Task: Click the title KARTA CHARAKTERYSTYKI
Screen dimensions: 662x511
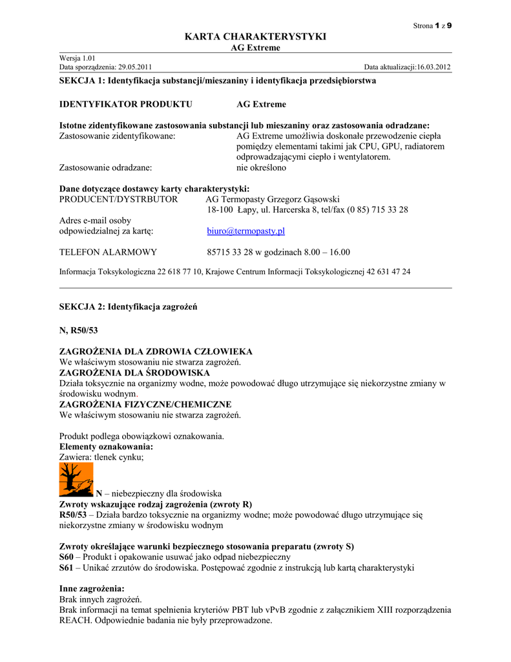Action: tap(255, 37)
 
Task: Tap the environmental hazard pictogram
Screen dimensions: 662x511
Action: tap(76, 479)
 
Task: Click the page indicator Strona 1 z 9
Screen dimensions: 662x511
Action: tap(432, 25)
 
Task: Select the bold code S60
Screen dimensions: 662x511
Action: tap(68, 557)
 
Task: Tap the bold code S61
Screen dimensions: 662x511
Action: tap(68, 568)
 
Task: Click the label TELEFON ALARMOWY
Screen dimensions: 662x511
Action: tap(108, 252)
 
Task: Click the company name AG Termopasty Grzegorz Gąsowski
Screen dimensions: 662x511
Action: tap(272, 200)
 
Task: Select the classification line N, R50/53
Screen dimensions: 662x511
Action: tap(78, 330)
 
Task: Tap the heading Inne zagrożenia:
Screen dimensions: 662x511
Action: tap(92, 589)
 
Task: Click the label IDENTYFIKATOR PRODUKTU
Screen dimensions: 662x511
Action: tap(125, 104)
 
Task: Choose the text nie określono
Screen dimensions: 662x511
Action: tap(262, 167)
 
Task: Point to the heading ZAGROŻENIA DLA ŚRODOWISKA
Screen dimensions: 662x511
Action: tap(134, 373)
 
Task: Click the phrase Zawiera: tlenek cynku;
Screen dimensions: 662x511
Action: tap(101, 457)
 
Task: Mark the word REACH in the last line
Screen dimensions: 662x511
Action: tap(74, 620)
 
